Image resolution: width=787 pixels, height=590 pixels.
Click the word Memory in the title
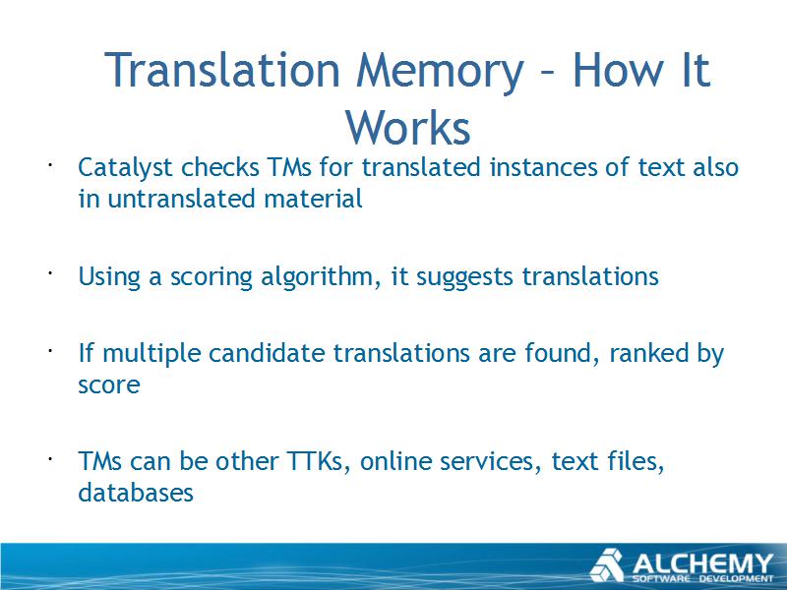[x=440, y=71]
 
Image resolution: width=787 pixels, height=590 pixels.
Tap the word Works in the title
[x=408, y=128]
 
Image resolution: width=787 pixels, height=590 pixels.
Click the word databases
[x=136, y=493]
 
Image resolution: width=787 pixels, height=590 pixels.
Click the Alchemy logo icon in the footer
[x=607, y=565]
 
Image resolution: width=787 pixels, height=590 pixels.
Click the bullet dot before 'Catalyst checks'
[x=51, y=164]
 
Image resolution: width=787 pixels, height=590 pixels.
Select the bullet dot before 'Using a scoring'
[x=51, y=273]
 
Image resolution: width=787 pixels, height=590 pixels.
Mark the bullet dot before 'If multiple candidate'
[x=51, y=350]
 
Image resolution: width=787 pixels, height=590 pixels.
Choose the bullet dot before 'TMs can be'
[x=51, y=458]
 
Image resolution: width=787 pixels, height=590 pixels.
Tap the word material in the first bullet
[x=313, y=199]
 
